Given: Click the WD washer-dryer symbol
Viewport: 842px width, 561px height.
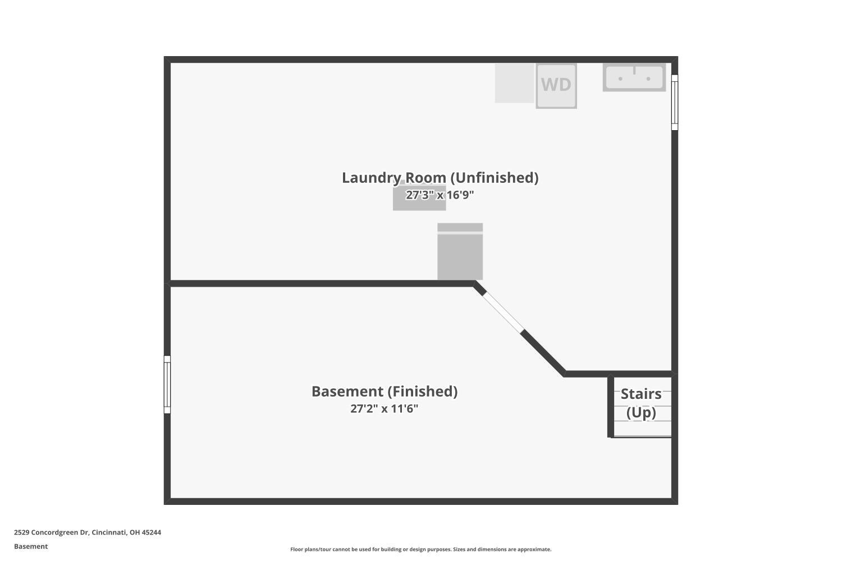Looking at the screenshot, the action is pyautogui.click(x=556, y=86).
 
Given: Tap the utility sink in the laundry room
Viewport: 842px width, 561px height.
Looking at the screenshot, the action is pyautogui.click(x=634, y=77).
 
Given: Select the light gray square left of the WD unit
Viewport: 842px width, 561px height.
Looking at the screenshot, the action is pyautogui.click(x=514, y=83).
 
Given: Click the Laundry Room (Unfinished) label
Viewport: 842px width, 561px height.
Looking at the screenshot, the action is pyautogui.click(x=440, y=178).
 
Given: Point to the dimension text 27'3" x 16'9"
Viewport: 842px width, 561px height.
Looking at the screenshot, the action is pyautogui.click(x=440, y=195).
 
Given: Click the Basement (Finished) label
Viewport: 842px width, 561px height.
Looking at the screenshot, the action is pyautogui.click(x=385, y=392).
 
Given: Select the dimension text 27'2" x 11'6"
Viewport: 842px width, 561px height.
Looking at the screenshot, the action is pyautogui.click(x=384, y=408).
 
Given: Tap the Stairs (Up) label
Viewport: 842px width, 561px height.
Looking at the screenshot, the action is pyautogui.click(x=641, y=403).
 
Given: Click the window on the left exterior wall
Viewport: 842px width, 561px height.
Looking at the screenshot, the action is pyautogui.click(x=167, y=384).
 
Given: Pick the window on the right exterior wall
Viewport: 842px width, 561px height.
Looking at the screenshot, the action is pyautogui.click(x=675, y=102).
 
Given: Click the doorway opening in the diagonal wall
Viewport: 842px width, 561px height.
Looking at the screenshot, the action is pyautogui.click(x=503, y=312).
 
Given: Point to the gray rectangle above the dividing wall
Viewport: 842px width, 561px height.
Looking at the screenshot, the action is pyautogui.click(x=460, y=251).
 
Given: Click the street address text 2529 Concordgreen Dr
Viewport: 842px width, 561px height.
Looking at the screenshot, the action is pyautogui.click(x=52, y=532).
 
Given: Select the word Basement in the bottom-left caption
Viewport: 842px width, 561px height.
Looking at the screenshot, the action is pyautogui.click(x=31, y=546).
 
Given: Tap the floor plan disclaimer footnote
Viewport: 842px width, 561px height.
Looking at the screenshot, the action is pyautogui.click(x=420, y=549).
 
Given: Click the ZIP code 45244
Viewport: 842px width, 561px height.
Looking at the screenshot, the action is pyautogui.click(x=151, y=532).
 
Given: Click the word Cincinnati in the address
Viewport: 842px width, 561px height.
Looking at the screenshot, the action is pyautogui.click(x=109, y=532).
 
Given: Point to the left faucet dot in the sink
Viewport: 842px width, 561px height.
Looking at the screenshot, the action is pyautogui.click(x=620, y=79).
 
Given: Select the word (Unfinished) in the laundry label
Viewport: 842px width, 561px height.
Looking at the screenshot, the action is pyautogui.click(x=495, y=178).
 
